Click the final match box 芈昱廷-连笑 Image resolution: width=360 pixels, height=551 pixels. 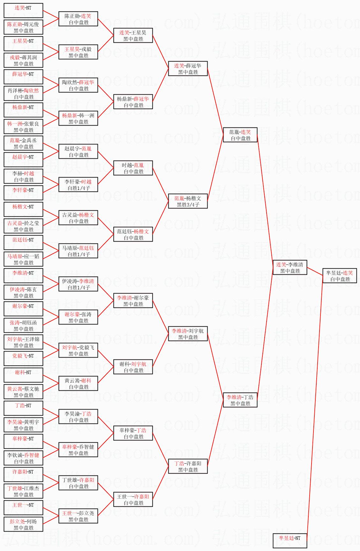[340, 276]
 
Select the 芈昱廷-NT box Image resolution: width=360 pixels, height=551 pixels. [290, 540]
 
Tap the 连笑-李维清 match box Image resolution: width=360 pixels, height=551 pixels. [290, 268]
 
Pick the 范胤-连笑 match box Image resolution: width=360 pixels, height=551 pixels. [240, 135]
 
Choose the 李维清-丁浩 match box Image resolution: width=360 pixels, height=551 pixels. [240, 400]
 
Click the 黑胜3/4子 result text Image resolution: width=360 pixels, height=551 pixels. [188, 205]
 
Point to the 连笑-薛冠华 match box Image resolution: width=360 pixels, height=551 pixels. [188, 69]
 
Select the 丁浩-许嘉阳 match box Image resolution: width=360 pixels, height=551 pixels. [188, 467]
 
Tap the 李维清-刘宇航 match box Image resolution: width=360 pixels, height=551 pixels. [188, 334]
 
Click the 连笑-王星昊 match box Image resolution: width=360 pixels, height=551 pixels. [133, 36]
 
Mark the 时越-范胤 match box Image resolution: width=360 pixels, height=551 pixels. [133, 168]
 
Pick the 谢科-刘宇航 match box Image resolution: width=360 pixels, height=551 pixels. [133, 367]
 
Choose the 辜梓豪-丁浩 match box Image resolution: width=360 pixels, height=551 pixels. [133, 433]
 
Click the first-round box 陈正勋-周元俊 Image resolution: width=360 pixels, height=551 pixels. [23, 27]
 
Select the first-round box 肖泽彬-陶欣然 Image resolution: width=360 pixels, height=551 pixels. [23, 94]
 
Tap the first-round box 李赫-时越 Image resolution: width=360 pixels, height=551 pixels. [23, 177]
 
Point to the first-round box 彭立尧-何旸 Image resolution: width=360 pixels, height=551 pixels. [23, 525]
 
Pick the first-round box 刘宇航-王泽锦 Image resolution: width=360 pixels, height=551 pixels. [23, 342]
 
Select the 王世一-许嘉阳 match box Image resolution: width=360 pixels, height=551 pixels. [133, 500]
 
